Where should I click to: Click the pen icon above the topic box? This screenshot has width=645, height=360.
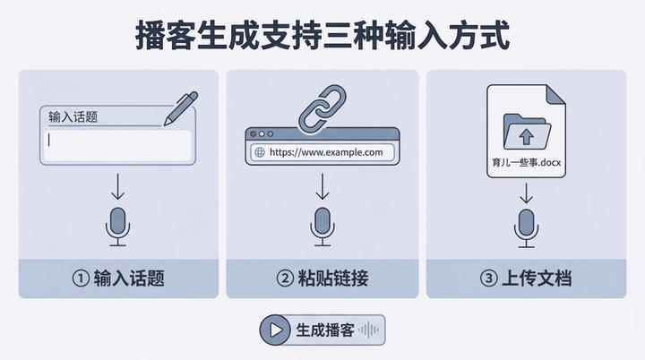point(181,108)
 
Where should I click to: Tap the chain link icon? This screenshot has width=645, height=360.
point(322,108)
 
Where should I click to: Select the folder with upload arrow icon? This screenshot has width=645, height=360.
point(527,132)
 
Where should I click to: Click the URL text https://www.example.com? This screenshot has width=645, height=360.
point(326,152)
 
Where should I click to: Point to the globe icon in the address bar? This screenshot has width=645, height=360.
point(260,152)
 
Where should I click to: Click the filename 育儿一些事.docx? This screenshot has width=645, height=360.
point(527,162)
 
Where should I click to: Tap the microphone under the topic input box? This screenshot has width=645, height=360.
point(117,227)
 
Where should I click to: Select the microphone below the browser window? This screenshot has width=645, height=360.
point(322,227)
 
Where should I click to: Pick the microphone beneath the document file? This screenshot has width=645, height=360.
point(526,228)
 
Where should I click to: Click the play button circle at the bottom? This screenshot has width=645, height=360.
point(275,330)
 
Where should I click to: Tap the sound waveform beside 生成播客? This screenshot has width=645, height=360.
point(368,330)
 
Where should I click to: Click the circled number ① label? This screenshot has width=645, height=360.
point(81,279)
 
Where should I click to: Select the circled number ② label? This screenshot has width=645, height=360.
point(285,279)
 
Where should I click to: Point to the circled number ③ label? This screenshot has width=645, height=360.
point(488,279)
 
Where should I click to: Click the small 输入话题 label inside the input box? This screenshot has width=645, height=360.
point(73,116)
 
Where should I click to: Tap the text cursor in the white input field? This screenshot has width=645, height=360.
point(49,141)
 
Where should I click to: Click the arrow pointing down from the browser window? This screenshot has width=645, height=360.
point(322,186)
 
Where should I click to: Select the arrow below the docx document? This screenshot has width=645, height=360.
point(526,193)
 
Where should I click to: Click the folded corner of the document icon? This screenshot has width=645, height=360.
point(556,95)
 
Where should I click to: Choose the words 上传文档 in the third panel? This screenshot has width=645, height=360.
point(537,279)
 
